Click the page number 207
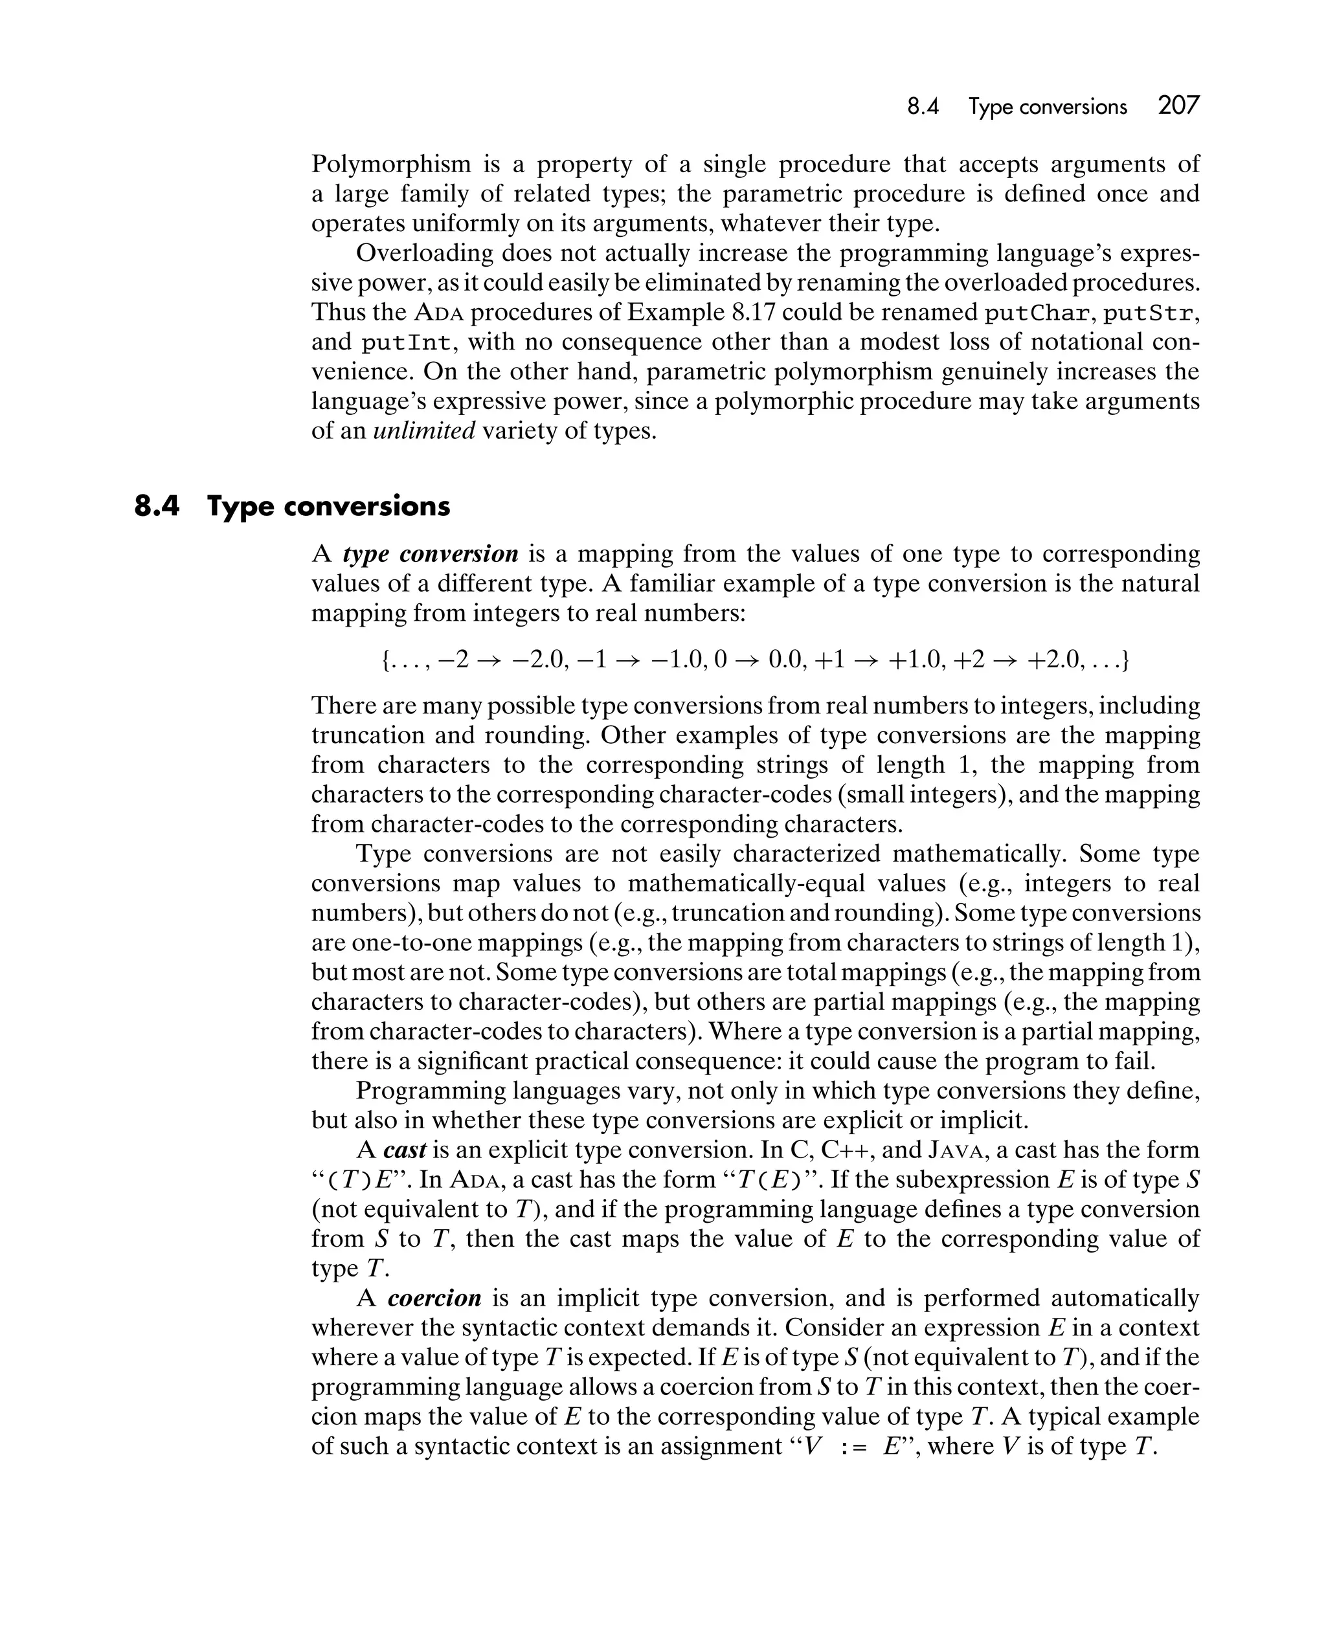coord(1178,106)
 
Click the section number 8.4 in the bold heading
coord(156,507)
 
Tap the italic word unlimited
coord(424,431)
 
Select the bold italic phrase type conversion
coord(431,553)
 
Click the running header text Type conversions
coord(1048,107)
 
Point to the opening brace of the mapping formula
coord(385,660)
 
